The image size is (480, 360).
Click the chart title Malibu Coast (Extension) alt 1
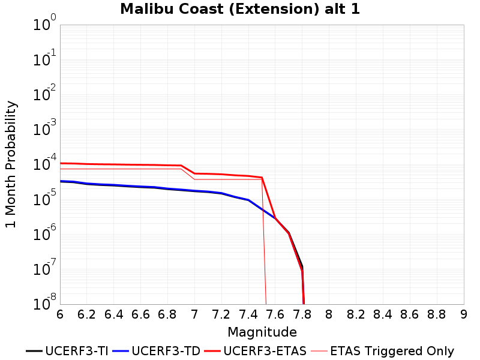tap(239, 9)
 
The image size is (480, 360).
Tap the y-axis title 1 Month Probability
tap(11, 164)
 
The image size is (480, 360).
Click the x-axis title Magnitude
tap(262, 332)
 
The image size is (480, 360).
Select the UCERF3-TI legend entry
tap(67, 351)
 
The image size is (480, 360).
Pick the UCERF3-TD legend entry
tap(157, 351)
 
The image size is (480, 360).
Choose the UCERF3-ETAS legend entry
tap(256, 351)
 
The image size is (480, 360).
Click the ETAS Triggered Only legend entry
tap(382, 351)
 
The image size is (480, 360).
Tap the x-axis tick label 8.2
tap(356, 314)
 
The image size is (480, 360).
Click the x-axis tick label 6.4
tap(113, 314)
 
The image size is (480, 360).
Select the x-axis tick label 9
tap(464, 314)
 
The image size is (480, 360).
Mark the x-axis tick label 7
tap(194, 314)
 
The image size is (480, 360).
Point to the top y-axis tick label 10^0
tap(44, 23)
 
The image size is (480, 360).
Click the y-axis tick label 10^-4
tap(44, 163)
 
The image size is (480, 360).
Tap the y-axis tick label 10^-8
tap(44, 302)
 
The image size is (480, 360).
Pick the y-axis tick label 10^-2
tap(44, 93)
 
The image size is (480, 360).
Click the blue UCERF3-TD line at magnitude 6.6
tap(140, 187)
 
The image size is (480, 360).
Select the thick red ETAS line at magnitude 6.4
tap(113, 164)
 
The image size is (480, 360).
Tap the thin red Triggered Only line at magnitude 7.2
tap(221, 179)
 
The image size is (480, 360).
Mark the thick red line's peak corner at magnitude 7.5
tap(262, 178)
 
